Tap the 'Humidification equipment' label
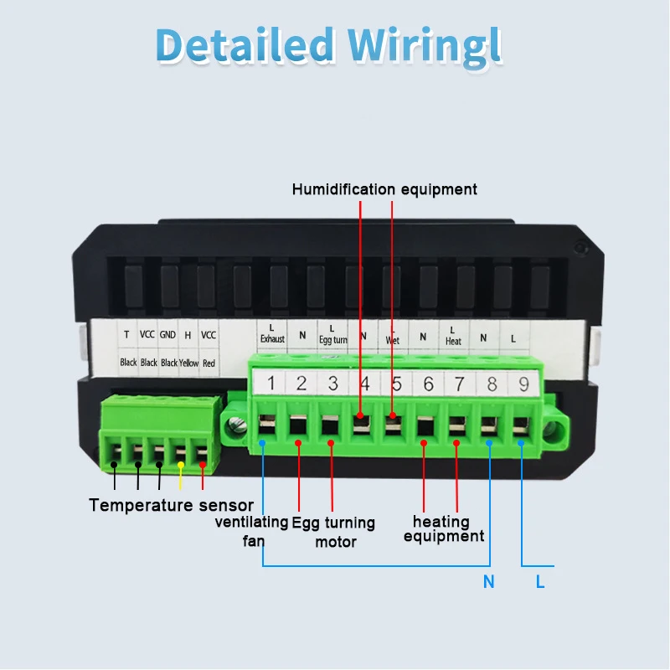pos(384,189)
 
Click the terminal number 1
pos(271,384)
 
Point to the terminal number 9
pos(523,384)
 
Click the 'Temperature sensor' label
pos(171,505)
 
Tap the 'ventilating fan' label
pos(252,531)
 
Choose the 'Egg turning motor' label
pos(333,532)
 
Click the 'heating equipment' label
pos(442,529)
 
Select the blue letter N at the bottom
pos(489,582)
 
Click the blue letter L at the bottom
pos(540,582)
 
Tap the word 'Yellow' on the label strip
pos(188,363)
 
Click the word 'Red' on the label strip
pos(209,363)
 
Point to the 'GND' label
pos(168,335)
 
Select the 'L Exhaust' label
pos(272,334)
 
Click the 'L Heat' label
pos(453,336)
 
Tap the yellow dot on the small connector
pos(181,464)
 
